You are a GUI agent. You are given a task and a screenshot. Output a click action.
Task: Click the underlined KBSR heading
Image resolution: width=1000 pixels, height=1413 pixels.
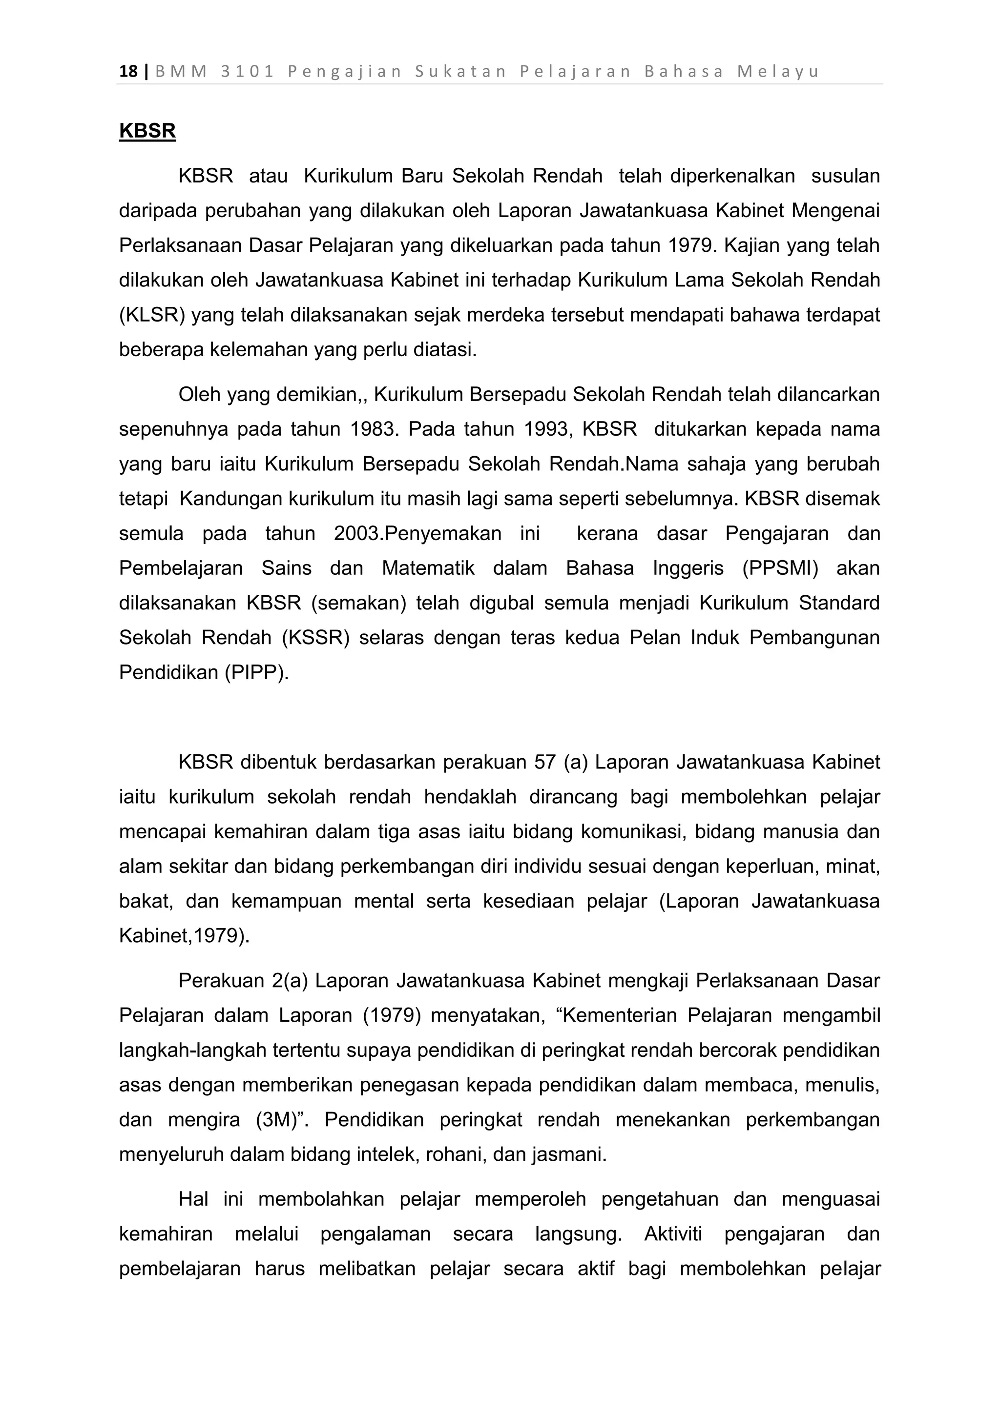coord(147,131)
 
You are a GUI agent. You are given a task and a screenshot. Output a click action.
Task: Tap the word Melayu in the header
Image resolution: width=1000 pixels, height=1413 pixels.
coord(778,72)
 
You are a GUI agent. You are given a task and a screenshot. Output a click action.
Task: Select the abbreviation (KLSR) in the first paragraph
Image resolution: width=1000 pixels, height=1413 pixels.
coord(152,315)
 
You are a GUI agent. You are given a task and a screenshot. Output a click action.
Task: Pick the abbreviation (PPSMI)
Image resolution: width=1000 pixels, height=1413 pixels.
coord(780,568)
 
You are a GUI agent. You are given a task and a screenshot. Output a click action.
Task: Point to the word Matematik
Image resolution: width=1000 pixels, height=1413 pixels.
coord(428,568)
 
